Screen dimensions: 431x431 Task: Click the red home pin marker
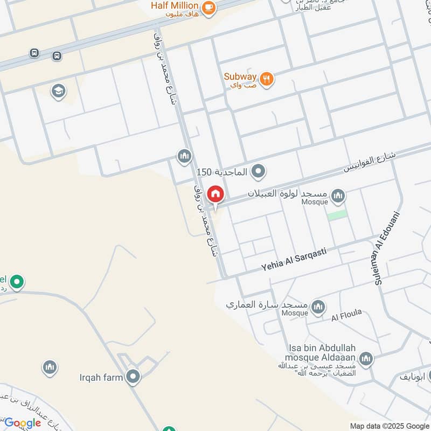click(x=215, y=194)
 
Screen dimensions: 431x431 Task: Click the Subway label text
click(x=240, y=77)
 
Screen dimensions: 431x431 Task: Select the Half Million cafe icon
click(x=209, y=8)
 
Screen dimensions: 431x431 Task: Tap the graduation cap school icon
click(x=58, y=91)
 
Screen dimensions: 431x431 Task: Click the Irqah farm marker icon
click(x=133, y=377)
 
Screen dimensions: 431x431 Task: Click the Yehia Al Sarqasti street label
click(x=294, y=260)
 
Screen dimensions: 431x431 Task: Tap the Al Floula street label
click(x=346, y=314)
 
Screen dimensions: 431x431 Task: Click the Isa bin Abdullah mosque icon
click(x=366, y=358)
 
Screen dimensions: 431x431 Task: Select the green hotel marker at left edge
click(x=17, y=281)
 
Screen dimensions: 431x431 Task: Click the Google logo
click(x=23, y=423)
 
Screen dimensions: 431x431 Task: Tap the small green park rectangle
click(x=337, y=214)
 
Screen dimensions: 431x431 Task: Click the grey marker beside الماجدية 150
click(x=259, y=172)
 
